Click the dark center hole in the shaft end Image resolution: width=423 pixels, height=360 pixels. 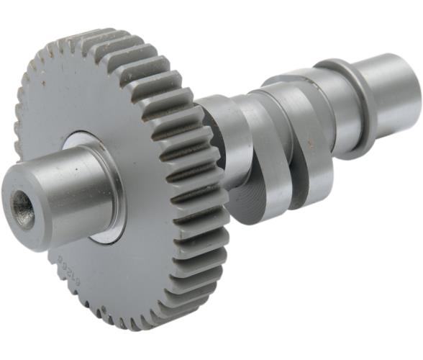22,210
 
